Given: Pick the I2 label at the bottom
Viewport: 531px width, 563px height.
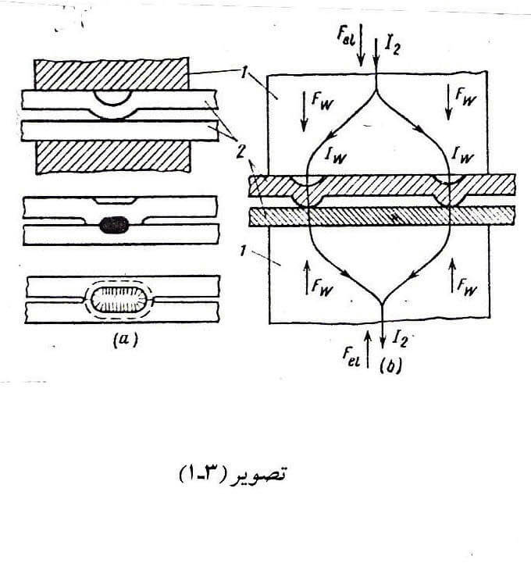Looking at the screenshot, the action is (x=398, y=338).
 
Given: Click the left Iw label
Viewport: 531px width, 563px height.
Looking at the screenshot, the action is (x=337, y=158).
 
